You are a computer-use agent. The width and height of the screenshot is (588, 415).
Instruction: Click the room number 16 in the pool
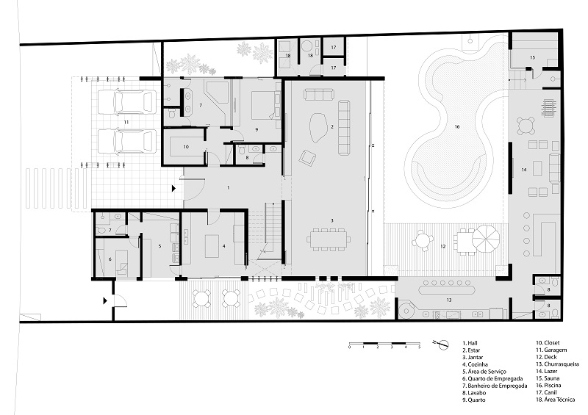[x=456, y=126]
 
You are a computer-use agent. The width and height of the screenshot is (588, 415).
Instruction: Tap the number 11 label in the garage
[x=126, y=121]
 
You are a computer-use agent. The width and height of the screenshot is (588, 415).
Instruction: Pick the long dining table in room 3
[x=329, y=238]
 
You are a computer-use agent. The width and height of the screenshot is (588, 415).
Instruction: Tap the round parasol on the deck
[x=485, y=237]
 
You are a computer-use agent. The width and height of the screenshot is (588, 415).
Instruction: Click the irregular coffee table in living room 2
[x=318, y=128]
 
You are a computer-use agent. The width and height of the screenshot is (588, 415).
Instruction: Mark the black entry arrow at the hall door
[x=173, y=189]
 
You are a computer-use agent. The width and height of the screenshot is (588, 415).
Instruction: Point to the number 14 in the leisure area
[x=524, y=170]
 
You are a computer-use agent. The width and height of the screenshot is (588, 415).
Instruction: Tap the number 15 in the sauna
[x=532, y=57]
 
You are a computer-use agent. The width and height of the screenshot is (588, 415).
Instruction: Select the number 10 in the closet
[x=186, y=147]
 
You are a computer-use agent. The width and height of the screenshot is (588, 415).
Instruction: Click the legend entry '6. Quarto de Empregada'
[x=494, y=378]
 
